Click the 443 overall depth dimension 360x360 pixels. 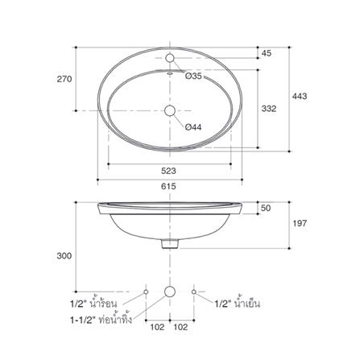pyautogui.click(x=300, y=96)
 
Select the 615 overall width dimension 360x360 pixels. pyautogui.click(x=168, y=186)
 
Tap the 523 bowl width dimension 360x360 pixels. pyautogui.click(x=168, y=171)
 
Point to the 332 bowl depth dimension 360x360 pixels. pyautogui.click(x=269, y=109)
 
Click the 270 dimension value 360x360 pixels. pyautogui.click(x=64, y=79)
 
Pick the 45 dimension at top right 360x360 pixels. pyautogui.click(x=267, y=53)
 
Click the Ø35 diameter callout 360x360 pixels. pyautogui.click(x=193, y=76)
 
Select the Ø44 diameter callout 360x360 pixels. pyautogui.click(x=193, y=127)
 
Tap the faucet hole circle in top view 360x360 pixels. pyautogui.click(x=170, y=58)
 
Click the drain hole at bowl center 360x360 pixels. pyautogui.click(x=170, y=110)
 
